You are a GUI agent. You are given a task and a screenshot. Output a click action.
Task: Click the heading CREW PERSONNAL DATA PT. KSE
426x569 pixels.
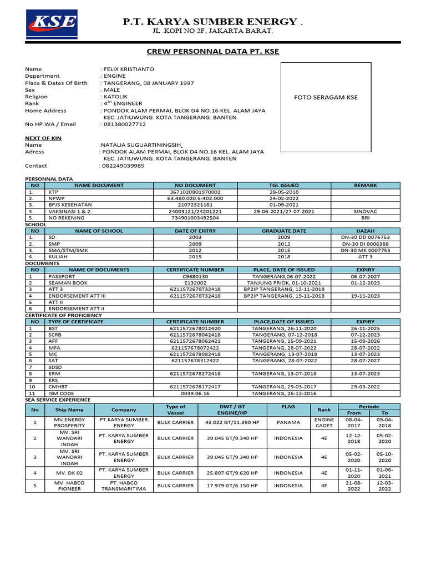[x=212, y=52]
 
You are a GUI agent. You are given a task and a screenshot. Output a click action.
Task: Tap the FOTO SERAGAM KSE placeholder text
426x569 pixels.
[x=326, y=97]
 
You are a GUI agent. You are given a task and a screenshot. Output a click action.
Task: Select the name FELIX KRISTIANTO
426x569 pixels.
[x=129, y=69]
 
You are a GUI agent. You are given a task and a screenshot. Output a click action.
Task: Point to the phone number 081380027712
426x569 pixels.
[x=125, y=124]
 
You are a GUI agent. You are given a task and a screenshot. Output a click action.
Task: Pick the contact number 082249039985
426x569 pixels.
[x=124, y=166]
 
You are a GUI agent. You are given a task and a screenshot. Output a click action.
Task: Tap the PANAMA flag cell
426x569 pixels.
[x=288, y=422]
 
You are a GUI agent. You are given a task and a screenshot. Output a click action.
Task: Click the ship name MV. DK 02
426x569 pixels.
[x=69, y=473]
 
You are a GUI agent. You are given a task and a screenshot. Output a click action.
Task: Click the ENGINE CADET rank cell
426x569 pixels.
[x=324, y=422]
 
